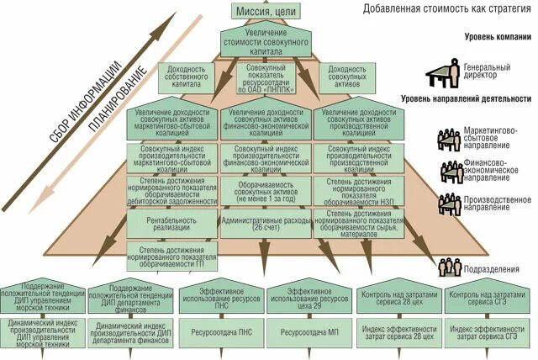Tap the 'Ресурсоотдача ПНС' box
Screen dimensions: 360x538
click(x=221, y=331)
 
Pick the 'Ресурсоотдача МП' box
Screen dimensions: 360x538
click(x=309, y=331)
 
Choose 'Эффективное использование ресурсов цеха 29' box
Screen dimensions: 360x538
click(x=309, y=299)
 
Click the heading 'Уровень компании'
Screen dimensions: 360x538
click(x=497, y=38)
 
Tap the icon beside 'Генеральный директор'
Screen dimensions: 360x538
click(x=440, y=74)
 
